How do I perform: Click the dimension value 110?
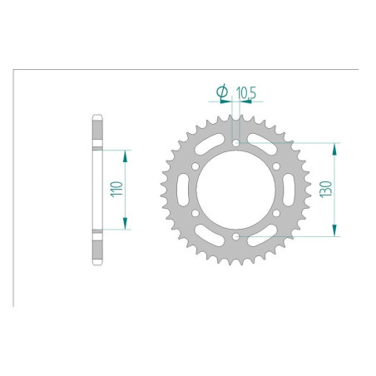pos(116,190)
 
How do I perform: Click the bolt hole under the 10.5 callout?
pos(236,143)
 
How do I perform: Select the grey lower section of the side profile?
pos(97,247)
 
